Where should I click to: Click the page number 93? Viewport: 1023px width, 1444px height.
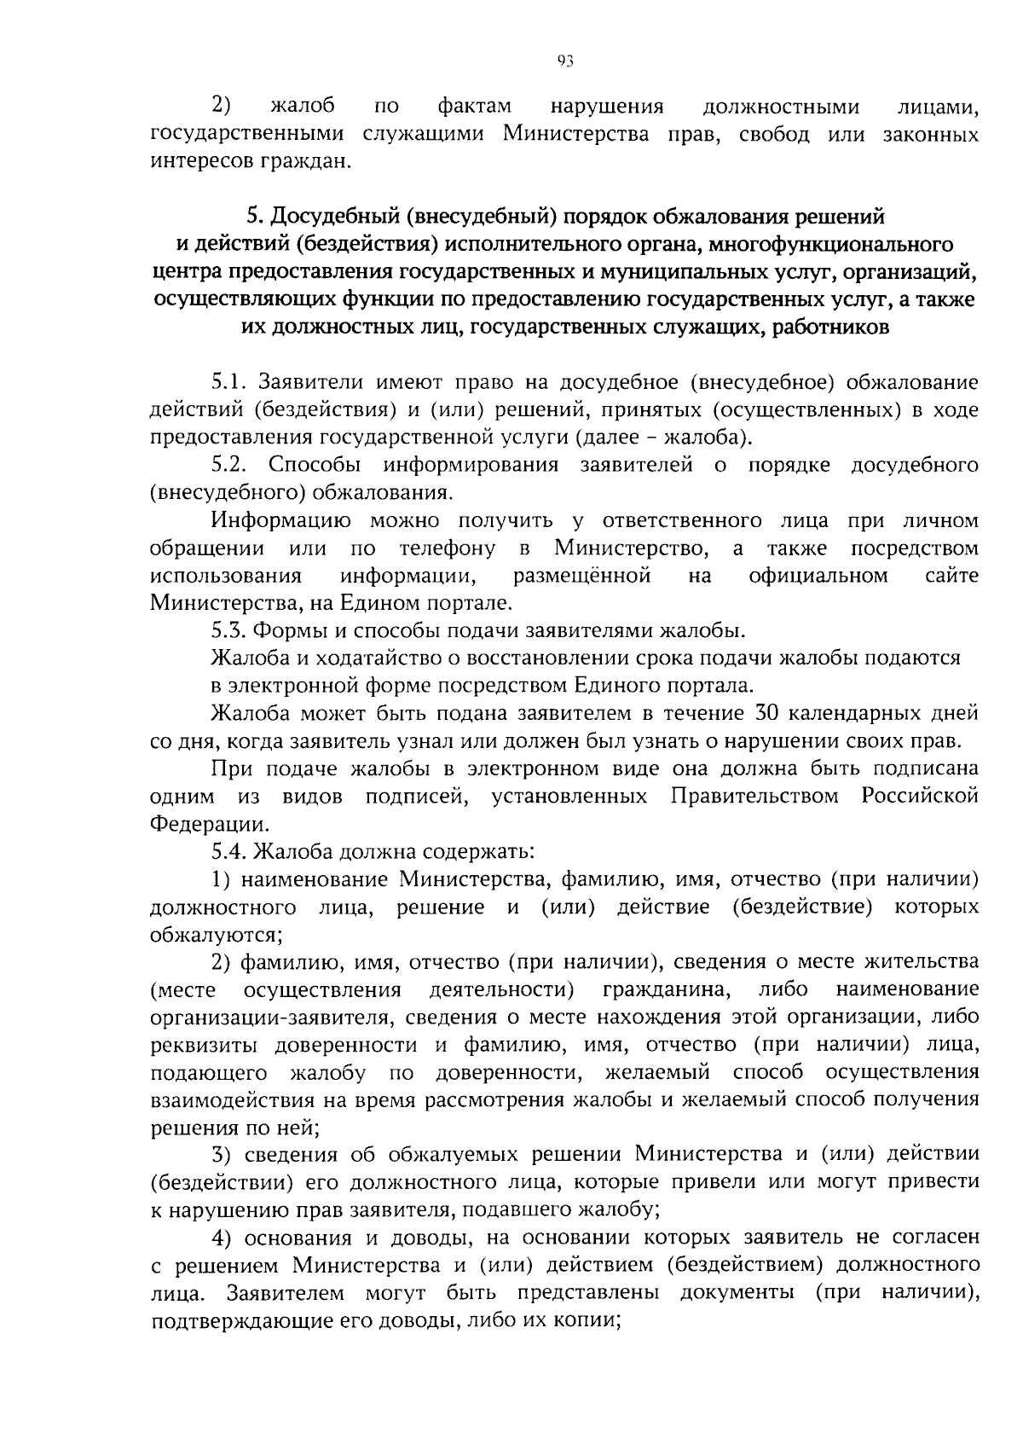564,60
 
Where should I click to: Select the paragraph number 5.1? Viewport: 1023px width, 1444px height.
229,382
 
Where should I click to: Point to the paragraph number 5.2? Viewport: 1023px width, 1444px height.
230,465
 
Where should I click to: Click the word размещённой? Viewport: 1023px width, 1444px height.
582,576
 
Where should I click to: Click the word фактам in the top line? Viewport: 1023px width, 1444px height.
475,107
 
